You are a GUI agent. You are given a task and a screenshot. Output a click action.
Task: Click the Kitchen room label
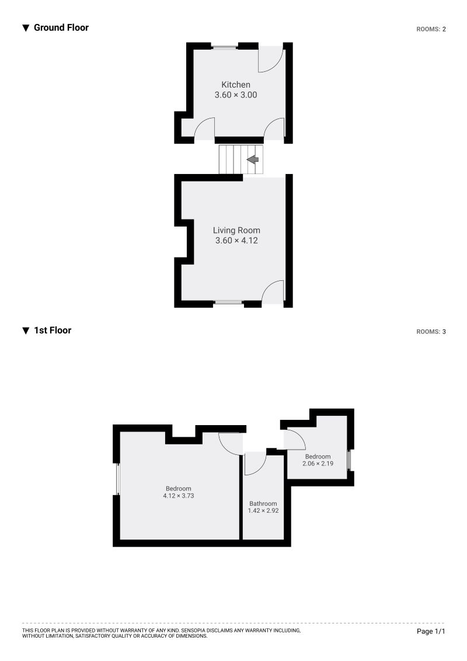(x=235, y=85)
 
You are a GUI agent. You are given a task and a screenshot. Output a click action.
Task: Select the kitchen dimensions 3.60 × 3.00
(x=236, y=95)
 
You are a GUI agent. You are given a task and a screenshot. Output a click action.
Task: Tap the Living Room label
(x=236, y=230)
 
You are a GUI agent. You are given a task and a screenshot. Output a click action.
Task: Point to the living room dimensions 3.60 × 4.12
(x=236, y=240)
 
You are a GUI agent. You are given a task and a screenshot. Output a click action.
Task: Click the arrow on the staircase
(x=253, y=159)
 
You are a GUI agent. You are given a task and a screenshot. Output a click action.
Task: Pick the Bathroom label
(x=263, y=503)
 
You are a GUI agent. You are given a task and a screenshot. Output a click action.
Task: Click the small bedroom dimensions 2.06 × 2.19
(x=317, y=464)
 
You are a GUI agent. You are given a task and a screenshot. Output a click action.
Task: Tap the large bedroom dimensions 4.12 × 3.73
(x=178, y=496)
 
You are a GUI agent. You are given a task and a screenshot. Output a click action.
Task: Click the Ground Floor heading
(x=61, y=27)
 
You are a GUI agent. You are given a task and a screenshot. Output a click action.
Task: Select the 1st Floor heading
(x=52, y=330)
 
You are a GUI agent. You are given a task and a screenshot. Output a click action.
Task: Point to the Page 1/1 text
(x=431, y=631)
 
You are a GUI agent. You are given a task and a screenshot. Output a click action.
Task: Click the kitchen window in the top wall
(x=224, y=46)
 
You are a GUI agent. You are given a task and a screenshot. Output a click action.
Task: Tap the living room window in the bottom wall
(x=228, y=302)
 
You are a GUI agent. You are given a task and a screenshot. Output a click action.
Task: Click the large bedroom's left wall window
(x=117, y=479)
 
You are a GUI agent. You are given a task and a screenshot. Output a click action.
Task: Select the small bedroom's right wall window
(x=350, y=460)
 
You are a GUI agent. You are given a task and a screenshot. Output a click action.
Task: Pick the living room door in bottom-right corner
(x=272, y=292)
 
